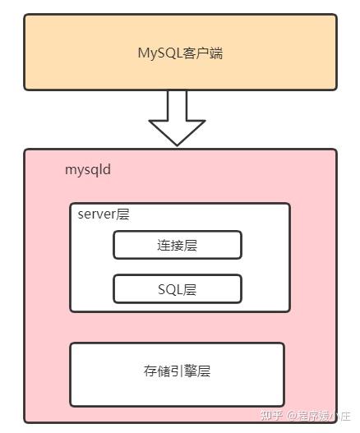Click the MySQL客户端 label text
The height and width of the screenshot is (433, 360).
pos(180,53)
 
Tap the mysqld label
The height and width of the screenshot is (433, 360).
pos(88,169)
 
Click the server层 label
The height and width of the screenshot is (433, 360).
pos(104,214)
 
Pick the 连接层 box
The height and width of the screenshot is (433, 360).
pos(178,245)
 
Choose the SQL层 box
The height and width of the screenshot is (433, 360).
pos(178,289)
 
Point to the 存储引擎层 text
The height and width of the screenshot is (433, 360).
pos(177,371)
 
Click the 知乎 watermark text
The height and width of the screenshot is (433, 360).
pos(271,415)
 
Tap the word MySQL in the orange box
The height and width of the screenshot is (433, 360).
pos(160,53)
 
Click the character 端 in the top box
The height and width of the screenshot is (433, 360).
pos(216,53)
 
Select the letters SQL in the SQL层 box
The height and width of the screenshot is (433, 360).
pos(170,289)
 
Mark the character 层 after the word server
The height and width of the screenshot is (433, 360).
pos(122,214)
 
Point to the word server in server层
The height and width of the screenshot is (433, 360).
pos(97,214)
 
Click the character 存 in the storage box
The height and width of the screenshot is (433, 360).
pos(150,371)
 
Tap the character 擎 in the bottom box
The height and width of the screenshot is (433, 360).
pos(191,371)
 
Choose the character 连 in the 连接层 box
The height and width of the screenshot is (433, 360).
pos(164,245)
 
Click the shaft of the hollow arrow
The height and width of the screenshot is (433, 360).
pos(177,105)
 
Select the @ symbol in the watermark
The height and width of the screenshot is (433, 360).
pos(292,416)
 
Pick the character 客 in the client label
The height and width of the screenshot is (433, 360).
pos(189,53)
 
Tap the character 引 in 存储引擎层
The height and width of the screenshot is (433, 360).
pos(177,371)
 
